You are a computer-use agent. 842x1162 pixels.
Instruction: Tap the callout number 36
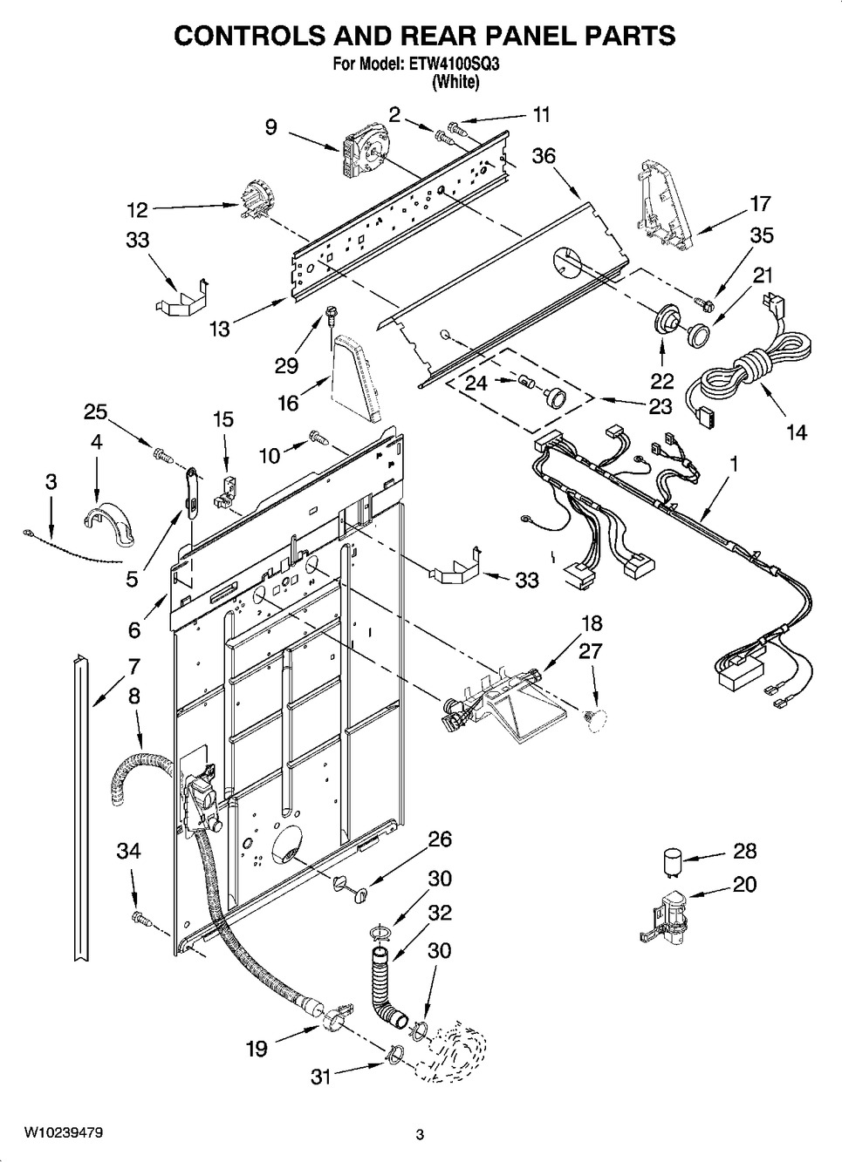pyautogui.click(x=544, y=156)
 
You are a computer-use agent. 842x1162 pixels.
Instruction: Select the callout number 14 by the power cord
pyautogui.click(x=796, y=431)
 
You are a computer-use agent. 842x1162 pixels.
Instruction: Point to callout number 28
pyautogui.click(x=744, y=851)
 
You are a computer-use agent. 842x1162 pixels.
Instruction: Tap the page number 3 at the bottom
pyautogui.click(x=420, y=1134)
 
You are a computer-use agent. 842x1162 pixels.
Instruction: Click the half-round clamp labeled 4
pyautogui.click(x=110, y=522)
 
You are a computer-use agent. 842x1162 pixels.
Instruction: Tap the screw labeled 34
pyautogui.click(x=139, y=917)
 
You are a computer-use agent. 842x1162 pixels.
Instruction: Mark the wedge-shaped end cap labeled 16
pyautogui.click(x=356, y=380)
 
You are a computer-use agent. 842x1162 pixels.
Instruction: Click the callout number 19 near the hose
pyautogui.click(x=256, y=1048)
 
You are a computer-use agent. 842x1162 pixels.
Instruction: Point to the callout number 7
pyautogui.click(x=133, y=667)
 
